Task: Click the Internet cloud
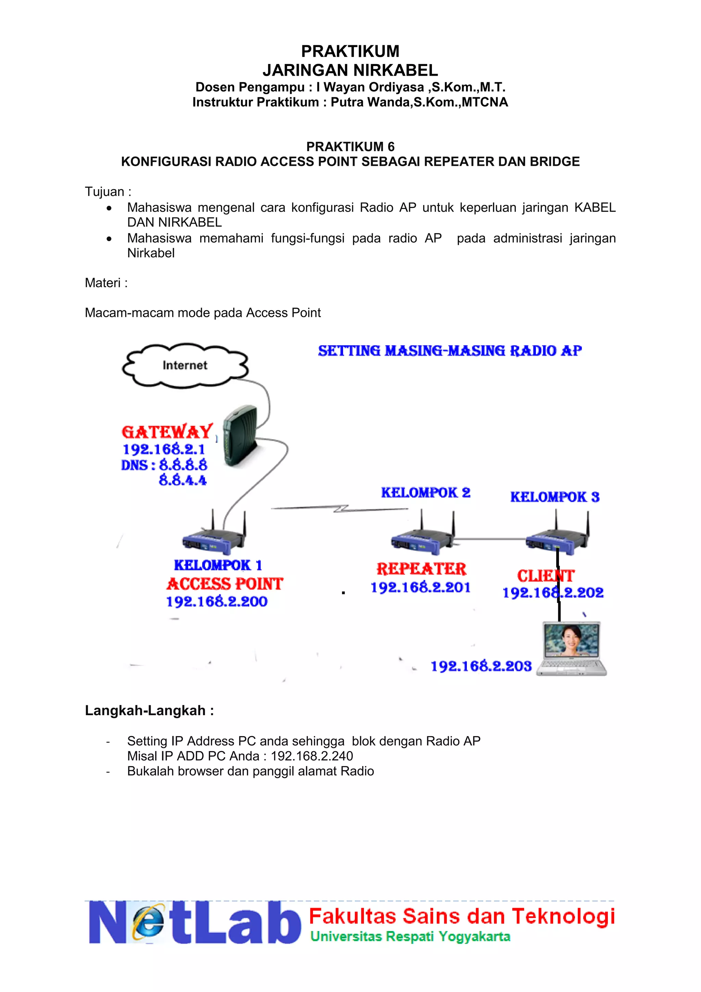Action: [185, 365]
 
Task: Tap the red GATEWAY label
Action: [167, 432]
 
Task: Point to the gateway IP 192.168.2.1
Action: [164, 449]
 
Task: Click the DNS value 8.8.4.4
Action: [182, 480]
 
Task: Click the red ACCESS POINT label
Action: [225, 584]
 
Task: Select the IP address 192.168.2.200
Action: [217, 602]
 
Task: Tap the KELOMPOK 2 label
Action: [425, 493]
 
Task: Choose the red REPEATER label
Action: [421, 569]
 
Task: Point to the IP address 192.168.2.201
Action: [420, 587]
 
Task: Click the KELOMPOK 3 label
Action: [555, 497]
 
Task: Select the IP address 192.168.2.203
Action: [481, 666]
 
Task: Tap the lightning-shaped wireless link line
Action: [341, 509]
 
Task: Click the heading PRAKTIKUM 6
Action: [350, 147]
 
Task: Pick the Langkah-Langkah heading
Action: [149, 711]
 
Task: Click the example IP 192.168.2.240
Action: [312, 756]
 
